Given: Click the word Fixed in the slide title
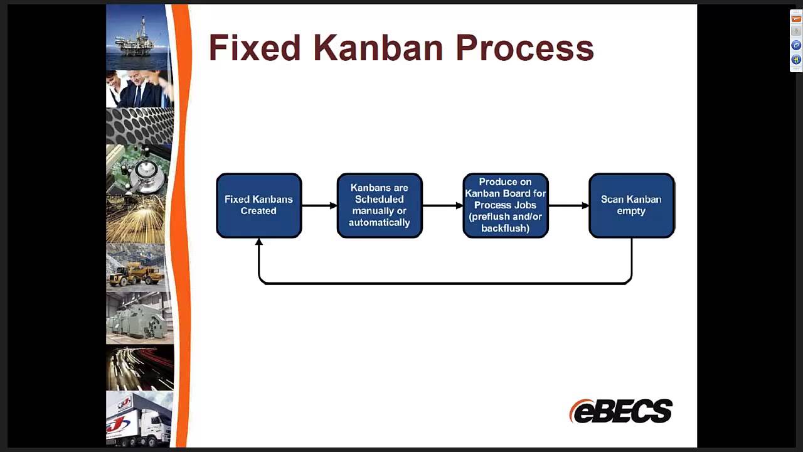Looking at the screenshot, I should pyautogui.click(x=254, y=48).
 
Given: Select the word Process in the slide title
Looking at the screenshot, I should pyautogui.click(x=524, y=48).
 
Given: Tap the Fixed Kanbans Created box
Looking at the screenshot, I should pyautogui.click(x=258, y=205).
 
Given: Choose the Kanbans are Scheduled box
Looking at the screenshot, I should pyautogui.click(x=380, y=205).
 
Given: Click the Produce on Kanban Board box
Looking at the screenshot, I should pyautogui.click(x=506, y=205).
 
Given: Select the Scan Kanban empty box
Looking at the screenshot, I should pyautogui.click(x=631, y=205).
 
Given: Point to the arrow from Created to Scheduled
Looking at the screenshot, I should pyautogui.click(x=319, y=205).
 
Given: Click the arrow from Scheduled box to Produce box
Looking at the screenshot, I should pyautogui.click(x=442, y=205).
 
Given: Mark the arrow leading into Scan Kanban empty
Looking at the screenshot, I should pyautogui.click(x=568, y=205).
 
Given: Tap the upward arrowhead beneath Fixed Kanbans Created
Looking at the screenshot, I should pyautogui.click(x=258, y=242).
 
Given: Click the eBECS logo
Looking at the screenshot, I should pyautogui.click(x=620, y=411).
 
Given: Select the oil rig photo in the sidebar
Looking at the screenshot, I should pyautogui.click(x=139, y=37).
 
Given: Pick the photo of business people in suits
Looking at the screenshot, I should pyautogui.click(x=139, y=89).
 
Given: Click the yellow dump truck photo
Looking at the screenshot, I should pyautogui.click(x=137, y=268).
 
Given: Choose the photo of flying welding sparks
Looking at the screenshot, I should pyautogui.click(x=137, y=220).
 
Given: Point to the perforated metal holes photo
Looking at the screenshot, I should pyautogui.click(x=139, y=126).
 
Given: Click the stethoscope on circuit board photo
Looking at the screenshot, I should pyautogui.click(x=138, y=170).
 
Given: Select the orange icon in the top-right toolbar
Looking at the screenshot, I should pyautogui.click(x=796, y=19).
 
